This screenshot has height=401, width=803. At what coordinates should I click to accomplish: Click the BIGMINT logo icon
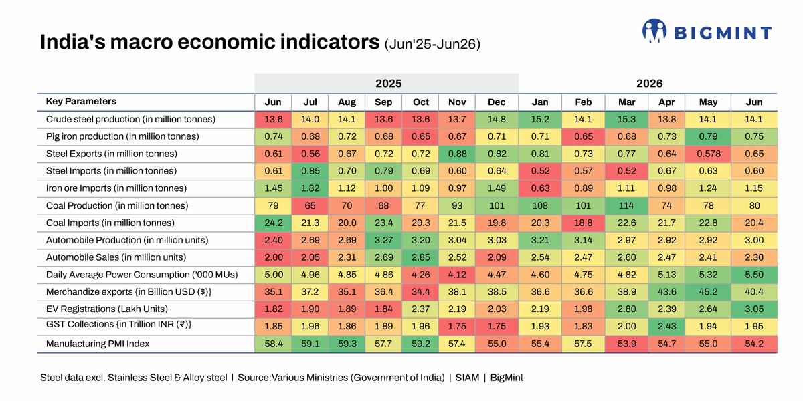pos(654,31)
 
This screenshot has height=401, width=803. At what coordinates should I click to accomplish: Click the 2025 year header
pos(388,84)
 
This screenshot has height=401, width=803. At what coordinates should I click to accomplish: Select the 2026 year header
pos(649,84)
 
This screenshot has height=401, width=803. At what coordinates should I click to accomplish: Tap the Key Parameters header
pos(81,102)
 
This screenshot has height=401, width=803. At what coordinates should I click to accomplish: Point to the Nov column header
pos(457,102)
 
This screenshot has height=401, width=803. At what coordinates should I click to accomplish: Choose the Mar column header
pos(626,102)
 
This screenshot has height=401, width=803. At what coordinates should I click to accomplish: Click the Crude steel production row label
pos(131,119)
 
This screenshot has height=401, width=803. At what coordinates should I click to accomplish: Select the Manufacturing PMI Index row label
pos(98,344)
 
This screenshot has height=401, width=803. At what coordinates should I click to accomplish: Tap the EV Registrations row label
pos(107,309)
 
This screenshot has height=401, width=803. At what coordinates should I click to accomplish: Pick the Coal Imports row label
pos(110,223)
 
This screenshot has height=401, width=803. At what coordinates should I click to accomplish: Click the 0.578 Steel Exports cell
pos(709,154)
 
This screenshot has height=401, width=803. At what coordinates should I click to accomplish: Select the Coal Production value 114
pos(626,206)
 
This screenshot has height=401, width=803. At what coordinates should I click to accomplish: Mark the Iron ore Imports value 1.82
pos(310,188)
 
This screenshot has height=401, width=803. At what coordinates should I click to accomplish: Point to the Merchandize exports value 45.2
pos(709,292)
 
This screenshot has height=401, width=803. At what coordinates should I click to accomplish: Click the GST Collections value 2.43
pos(666,327)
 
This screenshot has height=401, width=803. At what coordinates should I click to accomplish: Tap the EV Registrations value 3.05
pos(754,309)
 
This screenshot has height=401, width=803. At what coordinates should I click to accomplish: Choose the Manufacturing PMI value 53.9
pos(626,344)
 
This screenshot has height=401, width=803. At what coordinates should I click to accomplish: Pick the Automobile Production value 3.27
pos(383,240)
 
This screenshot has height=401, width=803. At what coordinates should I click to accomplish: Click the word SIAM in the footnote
pos(467,378)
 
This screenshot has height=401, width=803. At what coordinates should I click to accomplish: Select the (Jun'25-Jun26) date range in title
pos(432,44)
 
